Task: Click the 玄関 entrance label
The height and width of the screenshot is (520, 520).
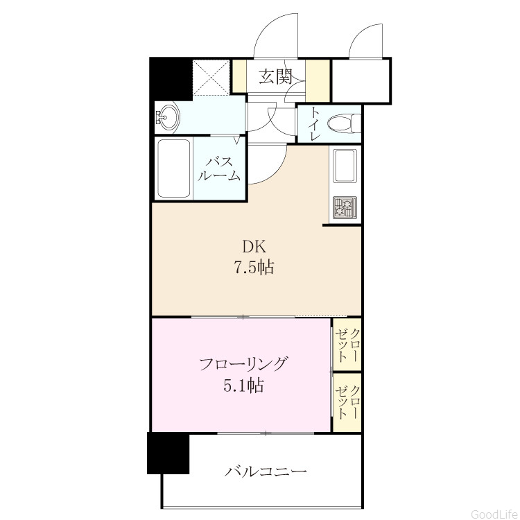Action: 275,76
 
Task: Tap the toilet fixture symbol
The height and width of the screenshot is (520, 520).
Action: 344,123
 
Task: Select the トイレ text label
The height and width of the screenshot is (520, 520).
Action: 314,124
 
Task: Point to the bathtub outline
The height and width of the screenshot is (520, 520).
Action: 174,168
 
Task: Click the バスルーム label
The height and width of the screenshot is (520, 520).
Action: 219,168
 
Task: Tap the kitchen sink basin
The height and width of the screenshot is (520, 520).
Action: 345,166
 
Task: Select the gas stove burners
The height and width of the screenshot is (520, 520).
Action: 345,208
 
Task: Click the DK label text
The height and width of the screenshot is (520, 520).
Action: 254,247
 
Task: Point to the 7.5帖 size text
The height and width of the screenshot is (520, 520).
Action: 254,267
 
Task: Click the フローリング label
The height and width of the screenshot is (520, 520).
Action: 243,364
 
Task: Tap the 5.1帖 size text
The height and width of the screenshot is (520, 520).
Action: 244,385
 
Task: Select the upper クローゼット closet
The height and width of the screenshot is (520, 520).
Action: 347,344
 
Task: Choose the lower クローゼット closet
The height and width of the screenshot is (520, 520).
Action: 347,402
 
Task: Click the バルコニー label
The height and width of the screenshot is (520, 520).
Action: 266,471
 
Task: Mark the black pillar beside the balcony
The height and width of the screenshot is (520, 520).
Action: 168,453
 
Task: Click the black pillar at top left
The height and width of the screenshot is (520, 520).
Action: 171,79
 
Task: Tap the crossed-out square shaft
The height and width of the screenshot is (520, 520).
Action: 211,77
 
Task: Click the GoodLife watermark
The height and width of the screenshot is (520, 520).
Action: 495,514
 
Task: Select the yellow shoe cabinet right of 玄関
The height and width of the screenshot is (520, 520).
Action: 318,80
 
